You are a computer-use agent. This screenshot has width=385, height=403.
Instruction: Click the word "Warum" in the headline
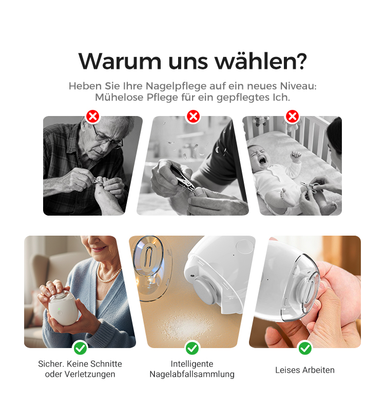click(x=120, y=62)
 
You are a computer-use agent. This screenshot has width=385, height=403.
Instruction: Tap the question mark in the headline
click(x=299, y=61)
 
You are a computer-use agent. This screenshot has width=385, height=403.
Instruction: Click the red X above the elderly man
click(x=93, y=117)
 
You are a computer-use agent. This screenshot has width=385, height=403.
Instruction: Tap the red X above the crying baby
click(x=292, y=117)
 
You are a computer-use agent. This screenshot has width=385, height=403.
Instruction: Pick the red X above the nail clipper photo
click(x=194, y=117)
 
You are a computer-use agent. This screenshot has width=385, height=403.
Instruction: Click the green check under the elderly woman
click(x=80, y=348)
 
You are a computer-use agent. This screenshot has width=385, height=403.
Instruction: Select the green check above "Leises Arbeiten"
click(x=305, y=348)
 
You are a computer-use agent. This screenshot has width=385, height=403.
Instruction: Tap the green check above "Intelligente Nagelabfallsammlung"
click(x=192, y=348)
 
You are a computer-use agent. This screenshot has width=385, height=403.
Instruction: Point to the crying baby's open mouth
click(x=262, y=161)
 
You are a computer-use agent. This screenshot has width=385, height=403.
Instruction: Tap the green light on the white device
click(x=59, y=309)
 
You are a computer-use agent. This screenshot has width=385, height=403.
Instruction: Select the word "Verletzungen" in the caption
click(x=90, y=374)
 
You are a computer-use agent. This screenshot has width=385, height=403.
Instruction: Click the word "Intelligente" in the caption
click(x=192, y=364)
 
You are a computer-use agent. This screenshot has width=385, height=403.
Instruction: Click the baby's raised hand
click(x=296, y=155)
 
